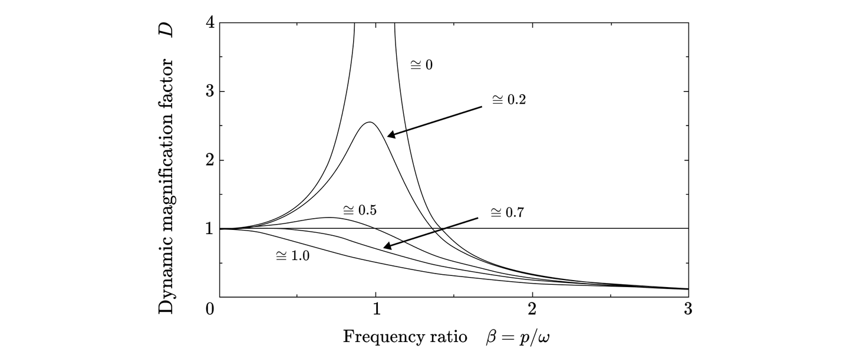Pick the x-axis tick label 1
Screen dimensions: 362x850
coord(376,309)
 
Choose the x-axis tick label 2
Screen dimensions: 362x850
coord(532,309)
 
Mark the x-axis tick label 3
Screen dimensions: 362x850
coord(688,309)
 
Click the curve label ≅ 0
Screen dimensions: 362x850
coord(421,65)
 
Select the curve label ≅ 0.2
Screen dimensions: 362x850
coord(509,100)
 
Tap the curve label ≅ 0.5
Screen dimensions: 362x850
coord(360,210)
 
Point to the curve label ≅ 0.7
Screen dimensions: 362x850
coord(508,212)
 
